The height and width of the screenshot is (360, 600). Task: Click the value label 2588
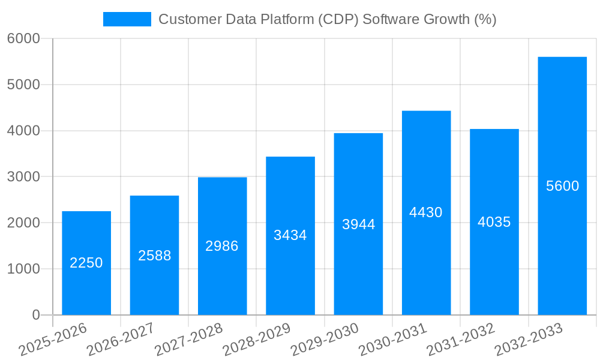point(154,256)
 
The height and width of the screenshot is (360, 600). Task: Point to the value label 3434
point(290,235)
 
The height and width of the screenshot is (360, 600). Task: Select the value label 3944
point(358,224)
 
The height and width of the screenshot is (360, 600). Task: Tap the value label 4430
point(426,212)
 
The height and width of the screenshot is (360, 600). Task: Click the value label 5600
point(562,186)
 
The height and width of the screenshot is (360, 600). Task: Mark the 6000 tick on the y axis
point(23,38)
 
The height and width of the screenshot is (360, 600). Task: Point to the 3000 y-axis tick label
point(23,177)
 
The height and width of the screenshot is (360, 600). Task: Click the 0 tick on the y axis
point(35,315)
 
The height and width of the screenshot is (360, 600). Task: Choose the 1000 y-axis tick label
point(23,269)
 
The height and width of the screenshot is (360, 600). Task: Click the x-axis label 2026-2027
point(121,339)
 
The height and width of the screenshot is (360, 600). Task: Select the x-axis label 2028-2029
point(256,339)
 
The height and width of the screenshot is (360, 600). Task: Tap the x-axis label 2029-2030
point(325,339)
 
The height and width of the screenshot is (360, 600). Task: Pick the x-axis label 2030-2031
point(392,339)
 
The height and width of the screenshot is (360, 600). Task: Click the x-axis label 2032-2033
point(529,339)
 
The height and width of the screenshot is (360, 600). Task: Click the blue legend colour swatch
point(127,19)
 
